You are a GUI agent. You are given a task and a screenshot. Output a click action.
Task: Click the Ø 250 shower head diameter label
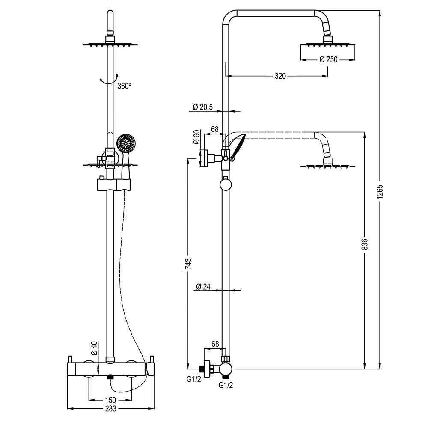click(x=328, y=59)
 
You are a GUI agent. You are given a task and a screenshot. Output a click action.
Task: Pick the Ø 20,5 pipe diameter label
click(x=203, y=107)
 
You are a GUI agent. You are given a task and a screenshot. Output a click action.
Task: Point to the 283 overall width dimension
click(x=110, y=409)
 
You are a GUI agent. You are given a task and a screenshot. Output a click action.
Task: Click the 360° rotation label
click(x=124, y=86)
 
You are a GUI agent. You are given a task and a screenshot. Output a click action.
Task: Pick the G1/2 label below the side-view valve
click(x=226, y=385)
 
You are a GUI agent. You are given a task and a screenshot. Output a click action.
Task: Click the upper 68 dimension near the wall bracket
click(x=215, y=129)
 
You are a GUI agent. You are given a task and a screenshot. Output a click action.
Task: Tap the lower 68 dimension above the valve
click(x=215, y=344)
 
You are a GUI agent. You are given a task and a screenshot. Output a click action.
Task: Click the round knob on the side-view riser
click(x=225, y=185)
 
